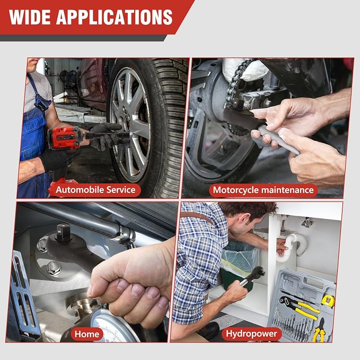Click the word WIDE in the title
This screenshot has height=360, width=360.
tap(30, 17)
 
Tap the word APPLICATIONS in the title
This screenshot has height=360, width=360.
tap(115, 17)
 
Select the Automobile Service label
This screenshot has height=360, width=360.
tap(95, 190)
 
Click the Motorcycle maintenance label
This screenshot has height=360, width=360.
tap(264, 190)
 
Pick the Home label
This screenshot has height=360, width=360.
tap(87, 334)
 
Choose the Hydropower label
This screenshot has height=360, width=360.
tap(251, 333)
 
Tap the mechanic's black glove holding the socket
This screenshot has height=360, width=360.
tap(104, 136)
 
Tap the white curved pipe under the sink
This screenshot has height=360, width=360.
tap(292, 246)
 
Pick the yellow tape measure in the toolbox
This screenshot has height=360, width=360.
tap(328, 301)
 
